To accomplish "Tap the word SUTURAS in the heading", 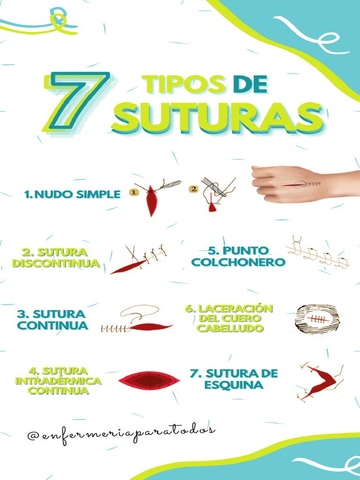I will click(x=217, y=118).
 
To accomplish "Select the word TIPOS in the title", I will click(x=184, y=84).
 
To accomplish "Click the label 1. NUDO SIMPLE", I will click(x=73, y=195).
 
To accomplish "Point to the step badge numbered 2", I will click(x=193, y=189).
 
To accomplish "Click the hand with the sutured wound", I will click(x=300, y=184).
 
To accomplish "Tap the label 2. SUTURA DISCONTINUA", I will click(x=56, y=258).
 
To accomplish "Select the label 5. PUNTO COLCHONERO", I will click(x=238, y=256).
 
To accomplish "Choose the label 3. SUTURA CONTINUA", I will click(x=52, y=320).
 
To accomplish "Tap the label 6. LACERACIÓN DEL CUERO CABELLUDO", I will click(x=229, y=318).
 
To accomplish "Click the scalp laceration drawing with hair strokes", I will click(x=316, y=319).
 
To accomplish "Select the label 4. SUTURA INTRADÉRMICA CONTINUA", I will click(x=58, y=380).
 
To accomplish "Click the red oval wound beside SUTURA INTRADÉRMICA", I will click(x=149, y=380).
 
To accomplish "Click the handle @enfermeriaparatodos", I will click(x=121, y=435).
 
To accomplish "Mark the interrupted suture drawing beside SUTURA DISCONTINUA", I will click(x=139, y=259).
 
